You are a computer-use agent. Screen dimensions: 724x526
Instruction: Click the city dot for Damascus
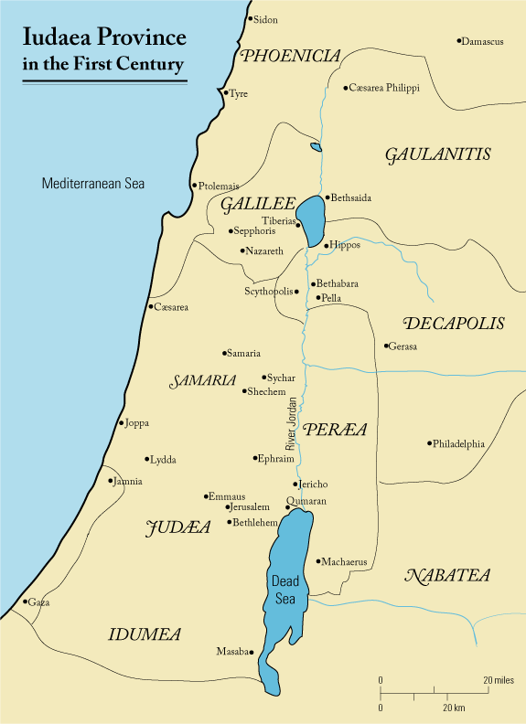tap(459, 41)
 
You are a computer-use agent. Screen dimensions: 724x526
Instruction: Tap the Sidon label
tap(265, 19)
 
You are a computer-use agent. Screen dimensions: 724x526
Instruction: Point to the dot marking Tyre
tap(225, 91)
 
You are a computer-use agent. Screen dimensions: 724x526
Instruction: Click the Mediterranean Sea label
tap(93, 184)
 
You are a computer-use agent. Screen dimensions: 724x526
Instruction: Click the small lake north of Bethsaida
tap(317, 146)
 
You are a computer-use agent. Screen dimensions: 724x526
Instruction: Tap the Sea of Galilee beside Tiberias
tap(313, 220)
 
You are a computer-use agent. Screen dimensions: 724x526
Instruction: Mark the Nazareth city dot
tap(242, 250)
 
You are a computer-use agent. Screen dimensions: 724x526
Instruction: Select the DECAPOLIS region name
tap(453, 324)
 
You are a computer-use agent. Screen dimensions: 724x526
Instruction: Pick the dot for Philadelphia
tap(428, 443)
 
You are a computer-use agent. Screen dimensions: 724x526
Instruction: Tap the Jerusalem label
tap(250, 506)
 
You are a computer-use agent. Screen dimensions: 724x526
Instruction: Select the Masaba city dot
tap(253, 652)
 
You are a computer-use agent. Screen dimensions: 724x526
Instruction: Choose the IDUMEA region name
tap(144, 633)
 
